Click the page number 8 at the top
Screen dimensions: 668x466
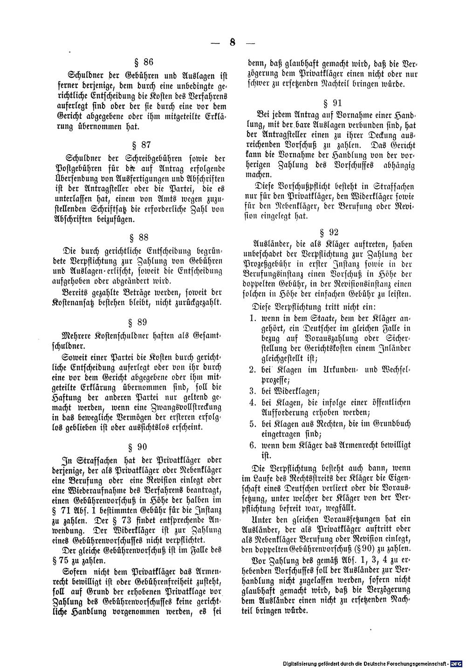pyautogui.click(x=233, y=42)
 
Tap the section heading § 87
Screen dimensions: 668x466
pyautogui.click(x=144, y=145)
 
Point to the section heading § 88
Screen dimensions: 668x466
pyautogui.click(x=144, y=238)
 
